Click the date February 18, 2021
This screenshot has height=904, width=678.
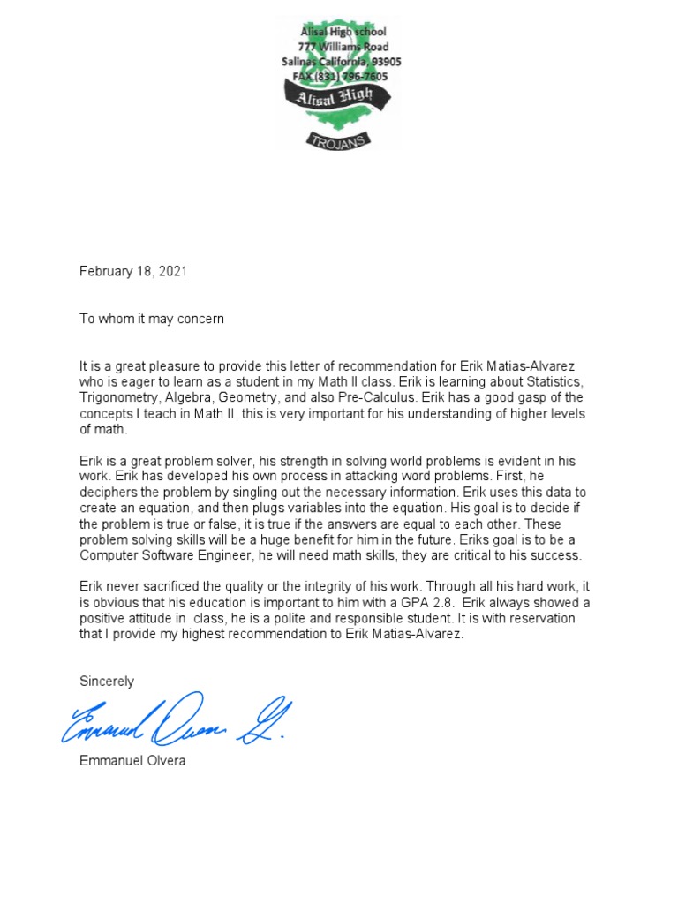click(x=133, y=272)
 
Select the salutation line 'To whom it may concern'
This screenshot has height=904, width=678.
click(x=152, y=319)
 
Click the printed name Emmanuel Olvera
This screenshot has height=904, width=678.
click(x=132, y=761)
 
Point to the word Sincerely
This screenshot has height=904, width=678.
click(x=107, y=681)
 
